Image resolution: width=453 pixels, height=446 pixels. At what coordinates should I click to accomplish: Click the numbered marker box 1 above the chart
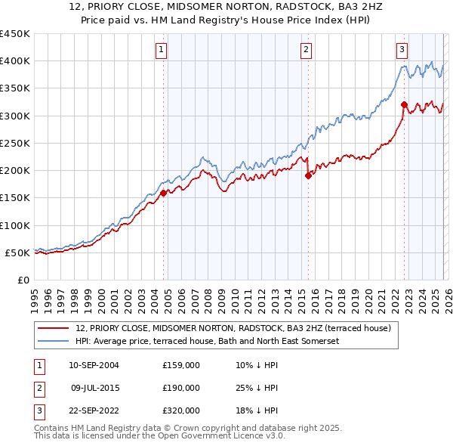click(x=162, y=51)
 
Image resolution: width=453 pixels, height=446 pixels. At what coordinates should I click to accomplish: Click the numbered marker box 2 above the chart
click(x=307, y=51)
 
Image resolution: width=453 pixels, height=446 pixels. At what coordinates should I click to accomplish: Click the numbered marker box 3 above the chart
click(x=402, y=51)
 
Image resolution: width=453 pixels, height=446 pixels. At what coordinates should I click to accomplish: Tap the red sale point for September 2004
click(x=164, y=193)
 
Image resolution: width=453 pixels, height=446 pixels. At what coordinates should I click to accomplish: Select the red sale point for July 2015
click(x=308, y=175)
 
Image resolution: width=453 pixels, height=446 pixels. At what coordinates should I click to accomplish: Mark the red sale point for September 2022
click(x=404, y=104)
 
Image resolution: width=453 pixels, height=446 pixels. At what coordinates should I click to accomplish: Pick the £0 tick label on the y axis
click(x=24, y=280)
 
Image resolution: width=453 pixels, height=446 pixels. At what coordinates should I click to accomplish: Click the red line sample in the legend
click(x=54, y=328)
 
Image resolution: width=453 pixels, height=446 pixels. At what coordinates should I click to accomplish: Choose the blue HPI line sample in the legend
click(x=54, y=341)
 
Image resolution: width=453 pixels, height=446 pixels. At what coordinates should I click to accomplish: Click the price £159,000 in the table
click(x=180, y=365)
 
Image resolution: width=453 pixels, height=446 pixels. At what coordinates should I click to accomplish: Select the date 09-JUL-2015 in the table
click(x=94, y=388)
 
